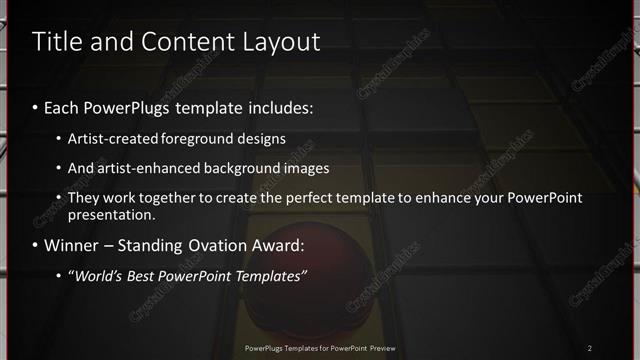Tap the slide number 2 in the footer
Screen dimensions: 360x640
(x=589, y=348)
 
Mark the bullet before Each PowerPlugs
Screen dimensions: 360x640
(x=36, y=106)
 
